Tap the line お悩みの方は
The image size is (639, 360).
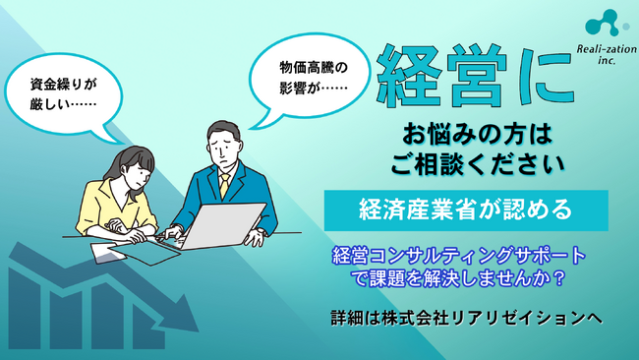[461, 135]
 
